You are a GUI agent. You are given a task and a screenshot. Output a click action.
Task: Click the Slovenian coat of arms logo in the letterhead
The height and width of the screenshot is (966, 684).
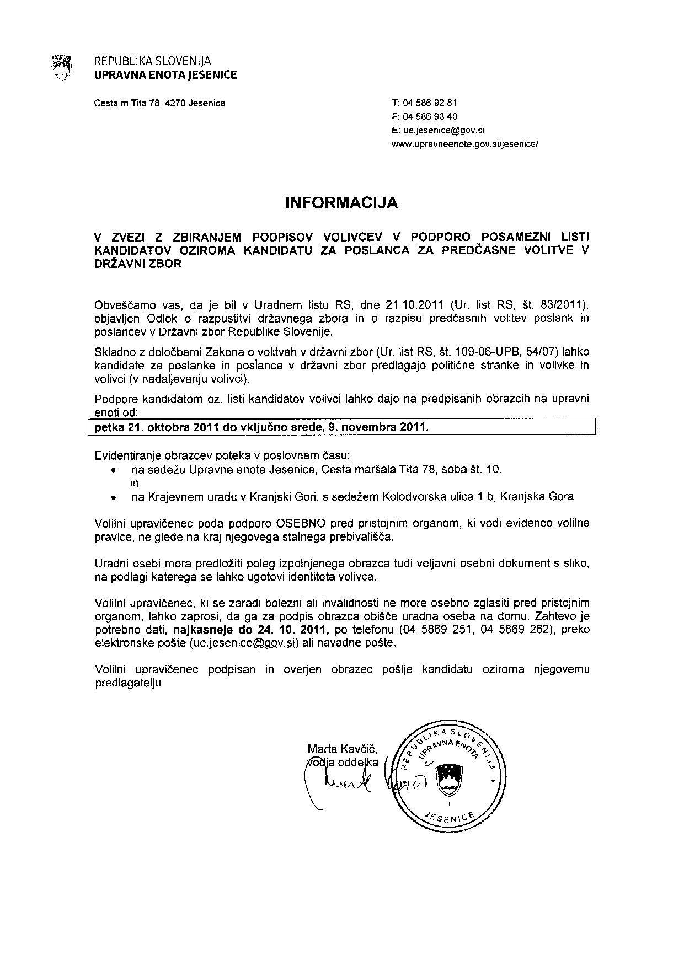click(61, 68)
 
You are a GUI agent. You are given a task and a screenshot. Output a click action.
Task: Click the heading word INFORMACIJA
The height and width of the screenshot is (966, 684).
click(341, 203)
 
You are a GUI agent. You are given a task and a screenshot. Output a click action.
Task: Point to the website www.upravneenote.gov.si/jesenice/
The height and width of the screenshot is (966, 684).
click(464, 144)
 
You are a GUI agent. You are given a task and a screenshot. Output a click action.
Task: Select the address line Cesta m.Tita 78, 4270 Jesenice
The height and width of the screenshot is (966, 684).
click(160, 103)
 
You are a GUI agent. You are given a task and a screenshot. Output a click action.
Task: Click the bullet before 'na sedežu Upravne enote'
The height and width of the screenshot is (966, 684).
click(114, 470)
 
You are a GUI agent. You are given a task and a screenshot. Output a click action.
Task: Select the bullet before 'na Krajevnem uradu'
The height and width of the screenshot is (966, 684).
click(114, 497)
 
